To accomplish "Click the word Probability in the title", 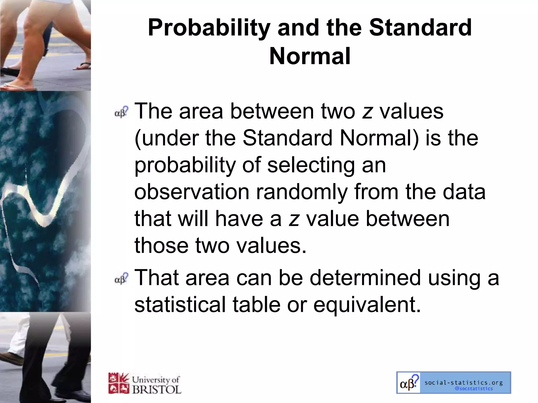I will pyautogui.click(x=209, y=28).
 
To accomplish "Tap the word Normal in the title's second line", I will pyautogui.click(x=310, y=56).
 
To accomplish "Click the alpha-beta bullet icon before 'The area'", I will pyautogui.click(x=122, y=112).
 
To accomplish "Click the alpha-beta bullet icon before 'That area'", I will pyautogui.click(x=122, y=279).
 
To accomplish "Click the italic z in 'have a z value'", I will pyautogui.click(x=294, y=220).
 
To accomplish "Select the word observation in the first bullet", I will pyautogui.click(x=192, y=192).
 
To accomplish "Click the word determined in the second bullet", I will pyautogui.click(x=365, y=278).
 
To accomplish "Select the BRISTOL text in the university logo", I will pyautogui.click(x=157, y=389).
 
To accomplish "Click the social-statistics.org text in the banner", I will pyautogui.click(x=464, y=383).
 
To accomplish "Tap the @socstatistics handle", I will pyautogui.click(x=473, y=389).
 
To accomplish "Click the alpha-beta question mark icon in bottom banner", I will pyautogui.click(x=408, y=383).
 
